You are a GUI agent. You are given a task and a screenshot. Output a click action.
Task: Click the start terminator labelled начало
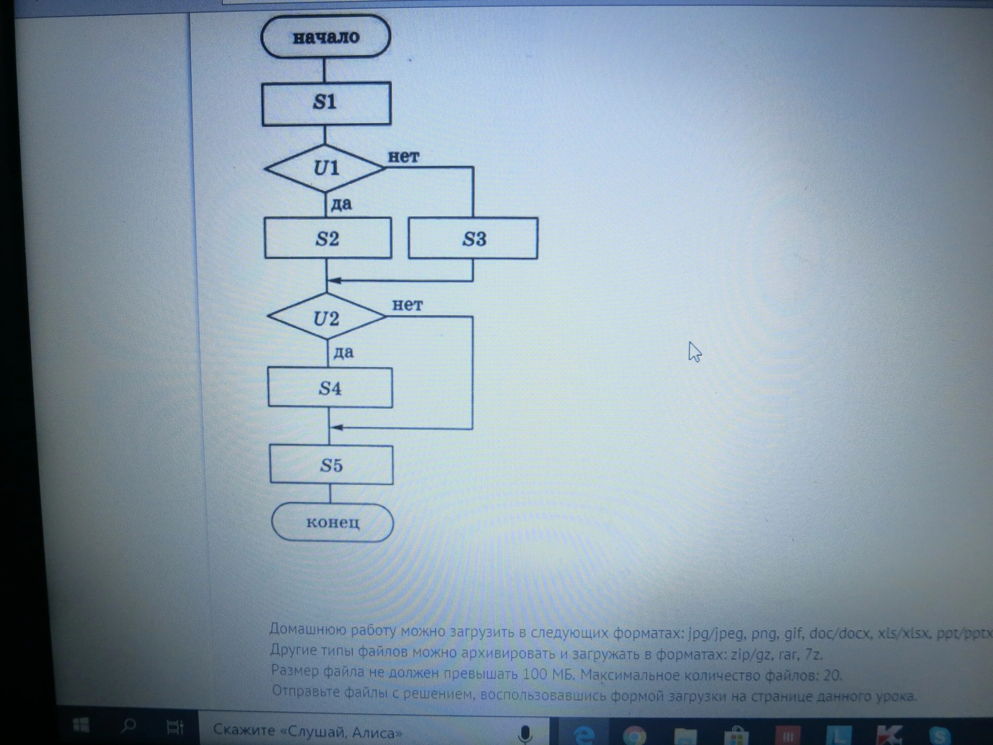click(x=326, y=36)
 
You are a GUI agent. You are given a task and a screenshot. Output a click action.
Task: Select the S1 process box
click(x=326, y=103)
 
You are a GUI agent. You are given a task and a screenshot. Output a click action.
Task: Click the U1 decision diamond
click(x=325, y=169)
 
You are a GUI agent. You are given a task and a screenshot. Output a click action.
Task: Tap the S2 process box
click(x=328, y=238)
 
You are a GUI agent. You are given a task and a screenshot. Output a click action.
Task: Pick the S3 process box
click(x=473, y=238)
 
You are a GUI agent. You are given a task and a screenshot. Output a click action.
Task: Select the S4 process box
click(x=330, y=387)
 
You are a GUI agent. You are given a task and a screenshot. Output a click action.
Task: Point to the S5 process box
click(x=331, y=465)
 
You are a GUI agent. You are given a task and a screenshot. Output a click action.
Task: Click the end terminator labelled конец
click(x=333, y=522)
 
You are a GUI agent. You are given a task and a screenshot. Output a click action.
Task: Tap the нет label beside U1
click(x=403, y=156)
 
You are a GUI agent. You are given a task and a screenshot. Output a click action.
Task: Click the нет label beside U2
click(x=407, y=305)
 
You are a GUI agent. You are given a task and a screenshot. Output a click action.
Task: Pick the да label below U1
click(x=342, y=204)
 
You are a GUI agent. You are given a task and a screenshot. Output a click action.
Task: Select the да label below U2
click(x=344, y=352)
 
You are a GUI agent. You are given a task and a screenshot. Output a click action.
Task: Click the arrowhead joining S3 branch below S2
click(x=334, y=281)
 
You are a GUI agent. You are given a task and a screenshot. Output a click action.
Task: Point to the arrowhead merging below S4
click(x=336, y=427)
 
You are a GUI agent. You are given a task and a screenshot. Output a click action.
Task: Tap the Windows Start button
click(x=81, y=725)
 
